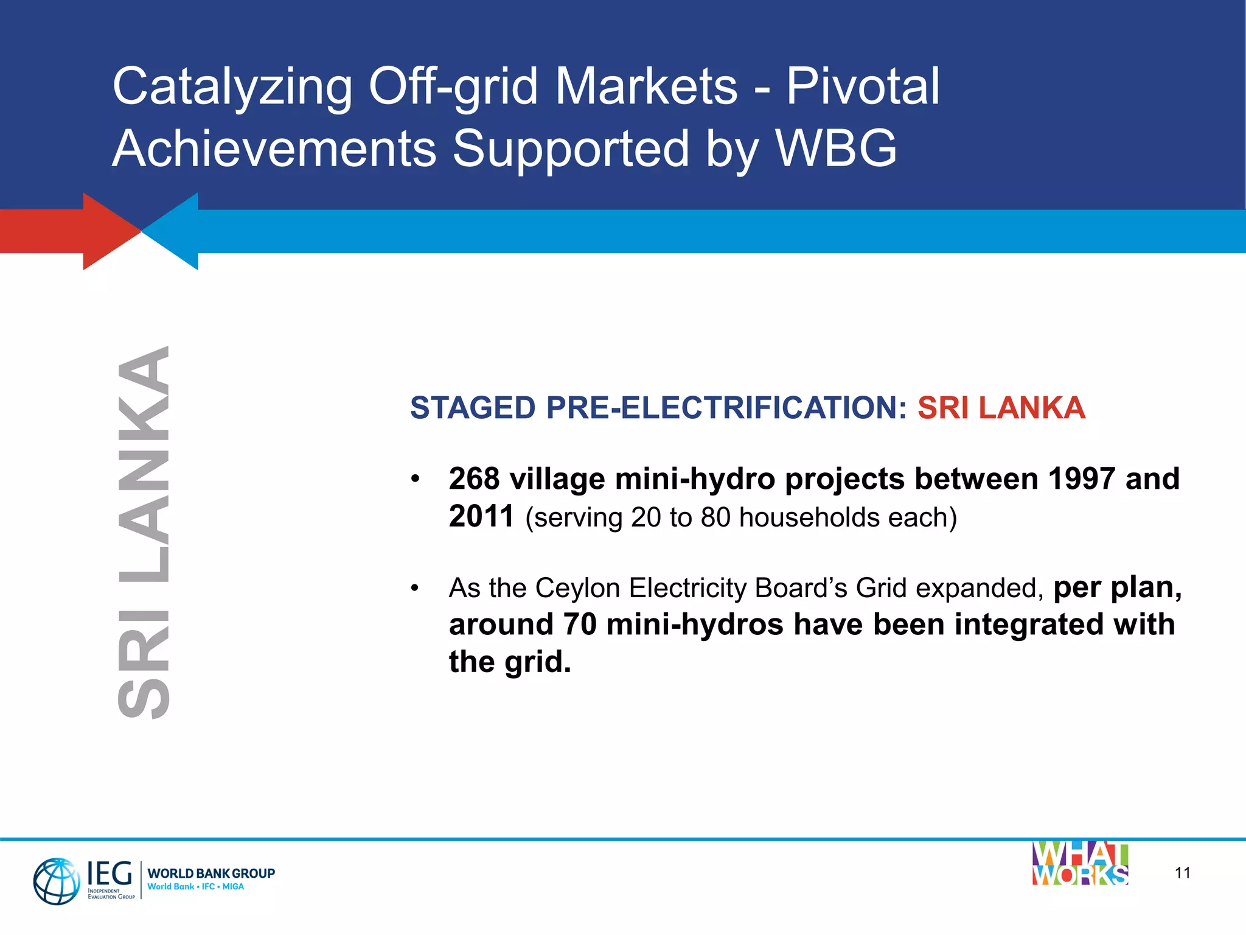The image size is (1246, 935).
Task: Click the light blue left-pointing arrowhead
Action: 176,231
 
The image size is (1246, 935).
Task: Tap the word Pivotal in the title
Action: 863,86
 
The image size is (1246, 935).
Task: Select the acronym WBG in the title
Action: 836,149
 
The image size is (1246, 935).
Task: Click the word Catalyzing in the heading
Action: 232,86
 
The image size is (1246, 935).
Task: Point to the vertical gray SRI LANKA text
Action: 144,533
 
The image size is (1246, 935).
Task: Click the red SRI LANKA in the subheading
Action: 1001,408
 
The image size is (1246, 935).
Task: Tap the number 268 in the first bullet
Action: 474,479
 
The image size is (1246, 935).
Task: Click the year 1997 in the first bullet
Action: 1081,479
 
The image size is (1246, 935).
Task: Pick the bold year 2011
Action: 481,516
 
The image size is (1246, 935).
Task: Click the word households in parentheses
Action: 809,517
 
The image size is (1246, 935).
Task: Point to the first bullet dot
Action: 415,479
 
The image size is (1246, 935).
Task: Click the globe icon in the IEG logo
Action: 56,881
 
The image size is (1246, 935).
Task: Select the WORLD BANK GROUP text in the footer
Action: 211,873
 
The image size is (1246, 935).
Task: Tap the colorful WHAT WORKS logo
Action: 1080,864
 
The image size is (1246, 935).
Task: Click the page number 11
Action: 1182,873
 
